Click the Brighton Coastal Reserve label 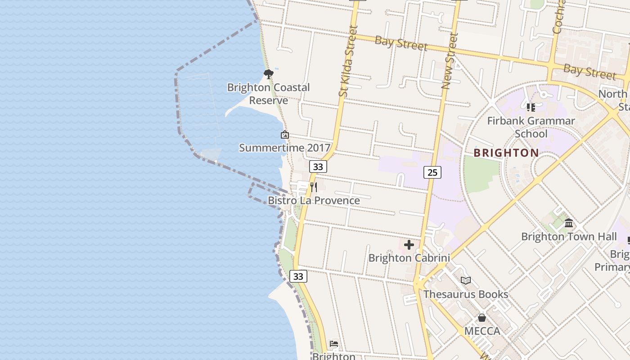268,94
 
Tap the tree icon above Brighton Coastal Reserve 268,74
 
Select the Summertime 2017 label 284,148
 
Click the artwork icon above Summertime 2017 284,135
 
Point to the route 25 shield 432,172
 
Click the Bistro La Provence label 314,200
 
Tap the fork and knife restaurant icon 314,187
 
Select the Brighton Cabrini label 409,258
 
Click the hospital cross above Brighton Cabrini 409,245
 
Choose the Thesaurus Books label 466,294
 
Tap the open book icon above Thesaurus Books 466,281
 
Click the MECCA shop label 482,331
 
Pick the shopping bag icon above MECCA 482,318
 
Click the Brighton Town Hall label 569,236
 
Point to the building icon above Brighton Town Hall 569,223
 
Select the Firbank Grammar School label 531,127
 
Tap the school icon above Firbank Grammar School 531,107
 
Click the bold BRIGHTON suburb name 506,153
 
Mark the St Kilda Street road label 348,61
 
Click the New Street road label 450,61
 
